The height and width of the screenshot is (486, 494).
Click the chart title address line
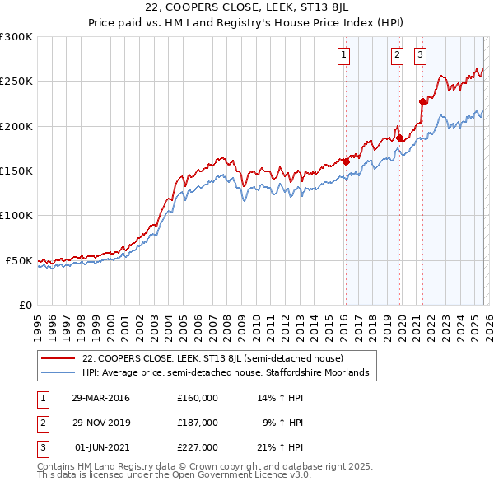pos(246,9)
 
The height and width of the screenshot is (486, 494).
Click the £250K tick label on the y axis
pos(16,82)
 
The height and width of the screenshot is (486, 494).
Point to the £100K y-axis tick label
pos(16,215)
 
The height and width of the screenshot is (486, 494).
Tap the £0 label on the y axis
pos(25,305)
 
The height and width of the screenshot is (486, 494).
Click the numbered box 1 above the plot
pos(343,55)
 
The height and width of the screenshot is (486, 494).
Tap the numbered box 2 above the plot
pos(397,55)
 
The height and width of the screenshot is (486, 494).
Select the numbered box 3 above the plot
pos(420,55)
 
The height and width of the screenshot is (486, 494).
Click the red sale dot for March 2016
pos(346,161)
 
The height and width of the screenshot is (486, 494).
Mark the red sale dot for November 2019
pos(399,138)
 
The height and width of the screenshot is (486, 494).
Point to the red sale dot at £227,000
pos(422,102)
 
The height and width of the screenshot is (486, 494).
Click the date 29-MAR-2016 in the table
pos(100,398)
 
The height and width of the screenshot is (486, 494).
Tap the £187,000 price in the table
pos(197,422)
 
